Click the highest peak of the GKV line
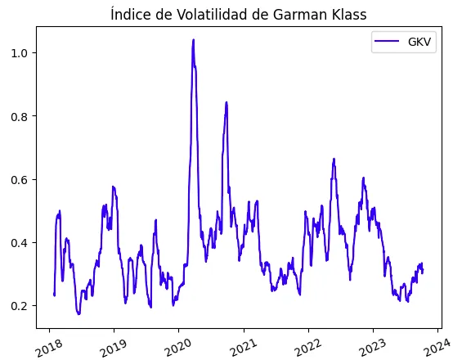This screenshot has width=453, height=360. [x=193, y=40]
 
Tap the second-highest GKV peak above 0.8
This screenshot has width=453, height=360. [x=226, y=102]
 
